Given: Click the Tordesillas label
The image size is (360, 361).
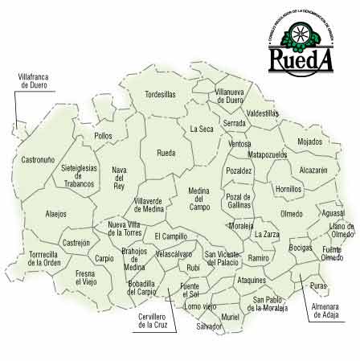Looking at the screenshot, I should pos(159,94).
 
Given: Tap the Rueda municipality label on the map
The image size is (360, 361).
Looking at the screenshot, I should pos(166,152).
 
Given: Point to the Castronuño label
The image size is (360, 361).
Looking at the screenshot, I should pos(39,159).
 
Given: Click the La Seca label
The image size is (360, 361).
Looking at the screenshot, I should pos(202,129).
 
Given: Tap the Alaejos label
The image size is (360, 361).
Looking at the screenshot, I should pos(55,214).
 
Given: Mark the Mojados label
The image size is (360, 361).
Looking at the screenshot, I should pos(309,142).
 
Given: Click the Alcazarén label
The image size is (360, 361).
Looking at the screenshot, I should pos(313,170).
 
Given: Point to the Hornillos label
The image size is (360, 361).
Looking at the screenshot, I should pos(288,189).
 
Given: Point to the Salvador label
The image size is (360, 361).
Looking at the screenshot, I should pos(209,326).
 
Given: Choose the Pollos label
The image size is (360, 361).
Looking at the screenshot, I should pos(103,136).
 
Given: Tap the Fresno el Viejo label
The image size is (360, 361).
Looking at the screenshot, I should pos(86,278).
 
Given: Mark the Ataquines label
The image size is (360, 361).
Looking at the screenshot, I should pos(252,280).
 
